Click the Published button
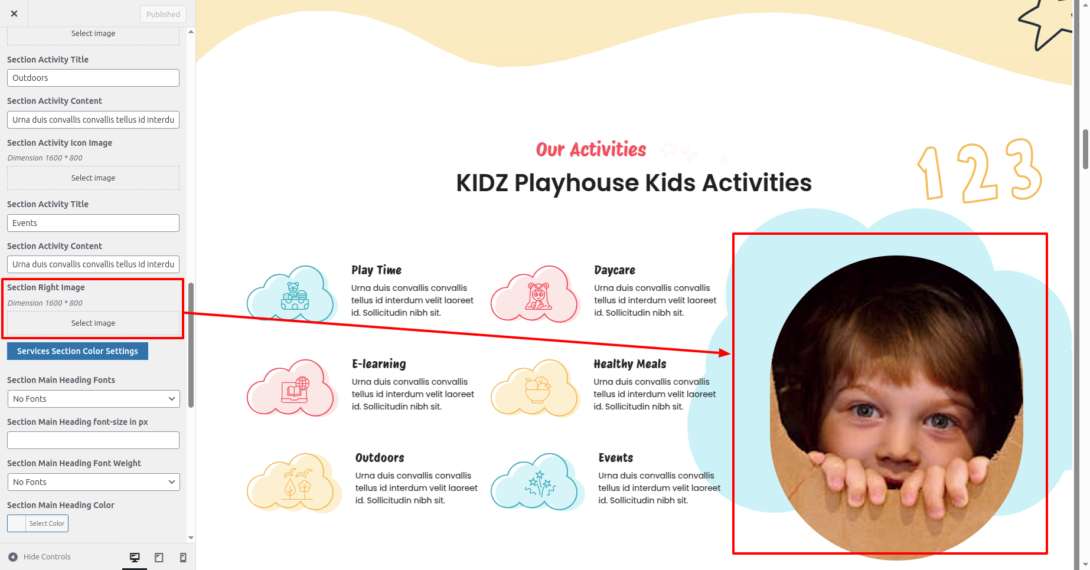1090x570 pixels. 163,14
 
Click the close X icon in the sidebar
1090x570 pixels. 14,14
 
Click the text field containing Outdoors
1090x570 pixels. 93,78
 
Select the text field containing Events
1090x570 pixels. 93,223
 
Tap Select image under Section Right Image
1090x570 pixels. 93,323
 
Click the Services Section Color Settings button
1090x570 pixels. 77,351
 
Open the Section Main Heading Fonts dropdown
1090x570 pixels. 93,399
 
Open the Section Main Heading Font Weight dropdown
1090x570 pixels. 93,482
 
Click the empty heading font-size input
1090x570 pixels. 93,440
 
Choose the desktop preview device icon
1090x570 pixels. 135,557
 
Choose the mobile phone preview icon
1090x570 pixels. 183,557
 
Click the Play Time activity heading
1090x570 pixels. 376,270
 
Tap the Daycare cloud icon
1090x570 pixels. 536,294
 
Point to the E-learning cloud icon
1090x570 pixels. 292,388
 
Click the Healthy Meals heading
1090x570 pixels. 629,364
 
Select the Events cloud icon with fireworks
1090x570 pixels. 537,482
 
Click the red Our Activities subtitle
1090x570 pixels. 591,150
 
